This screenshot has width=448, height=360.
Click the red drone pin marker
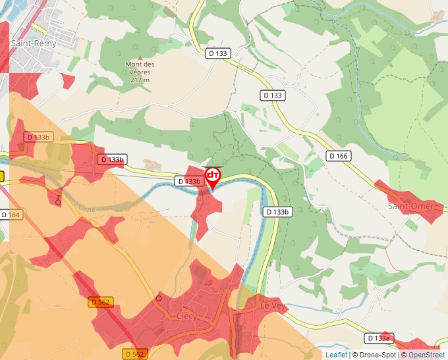point(213,176)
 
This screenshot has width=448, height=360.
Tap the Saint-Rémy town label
point(34,43)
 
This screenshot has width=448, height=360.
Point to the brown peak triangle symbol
point(140,57)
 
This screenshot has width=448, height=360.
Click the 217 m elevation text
point(140,80)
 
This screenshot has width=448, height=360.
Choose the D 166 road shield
point(339,156)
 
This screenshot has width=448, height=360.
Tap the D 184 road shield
point(11,215)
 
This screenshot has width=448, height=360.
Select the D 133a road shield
point(379,338)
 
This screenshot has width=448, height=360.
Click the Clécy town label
point(186,315)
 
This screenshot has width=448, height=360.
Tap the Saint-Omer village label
point(410,206)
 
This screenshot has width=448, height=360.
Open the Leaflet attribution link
point(336,355)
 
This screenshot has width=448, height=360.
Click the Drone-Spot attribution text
point(375,355)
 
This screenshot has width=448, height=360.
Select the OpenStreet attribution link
point(426,355)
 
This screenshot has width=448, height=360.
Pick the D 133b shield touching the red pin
point(188,181)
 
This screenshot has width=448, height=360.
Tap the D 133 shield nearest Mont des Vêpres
point(217,53)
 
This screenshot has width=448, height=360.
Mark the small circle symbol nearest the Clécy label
point(159,298)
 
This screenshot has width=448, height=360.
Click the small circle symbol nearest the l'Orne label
point(58,202)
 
